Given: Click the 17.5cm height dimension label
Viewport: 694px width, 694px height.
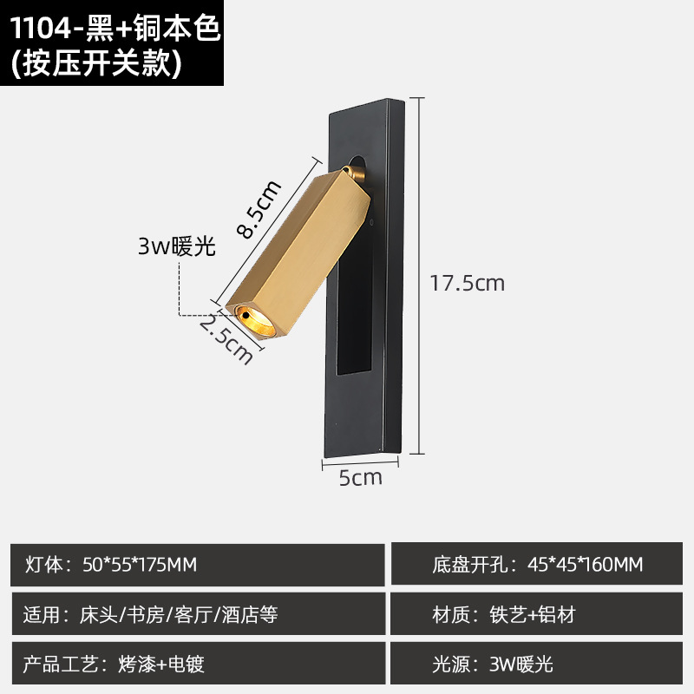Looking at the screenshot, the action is click(468, 283).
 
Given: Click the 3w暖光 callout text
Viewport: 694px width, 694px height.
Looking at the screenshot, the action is click(175, 246).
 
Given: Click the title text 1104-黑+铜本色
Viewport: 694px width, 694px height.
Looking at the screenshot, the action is click(113, 29).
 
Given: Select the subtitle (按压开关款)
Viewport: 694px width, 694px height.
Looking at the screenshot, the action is click(95, 65).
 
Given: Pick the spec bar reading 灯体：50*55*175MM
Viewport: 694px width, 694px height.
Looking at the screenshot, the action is click(197, 565).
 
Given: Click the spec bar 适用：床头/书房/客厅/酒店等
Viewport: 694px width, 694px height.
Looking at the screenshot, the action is click(197, 615).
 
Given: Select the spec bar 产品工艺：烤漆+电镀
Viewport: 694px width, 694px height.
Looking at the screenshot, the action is click(197, 665).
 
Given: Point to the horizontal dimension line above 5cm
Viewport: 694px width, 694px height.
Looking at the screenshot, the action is click(360, 462).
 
